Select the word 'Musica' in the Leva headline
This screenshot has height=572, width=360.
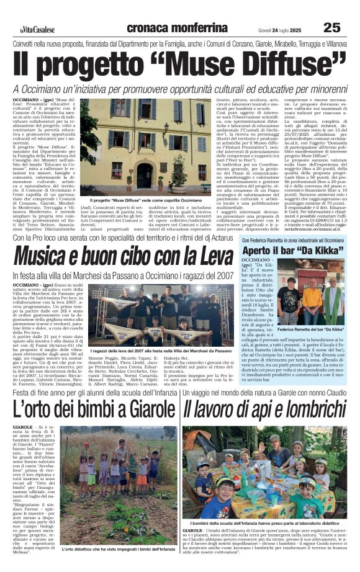click(x=50, y=256)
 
